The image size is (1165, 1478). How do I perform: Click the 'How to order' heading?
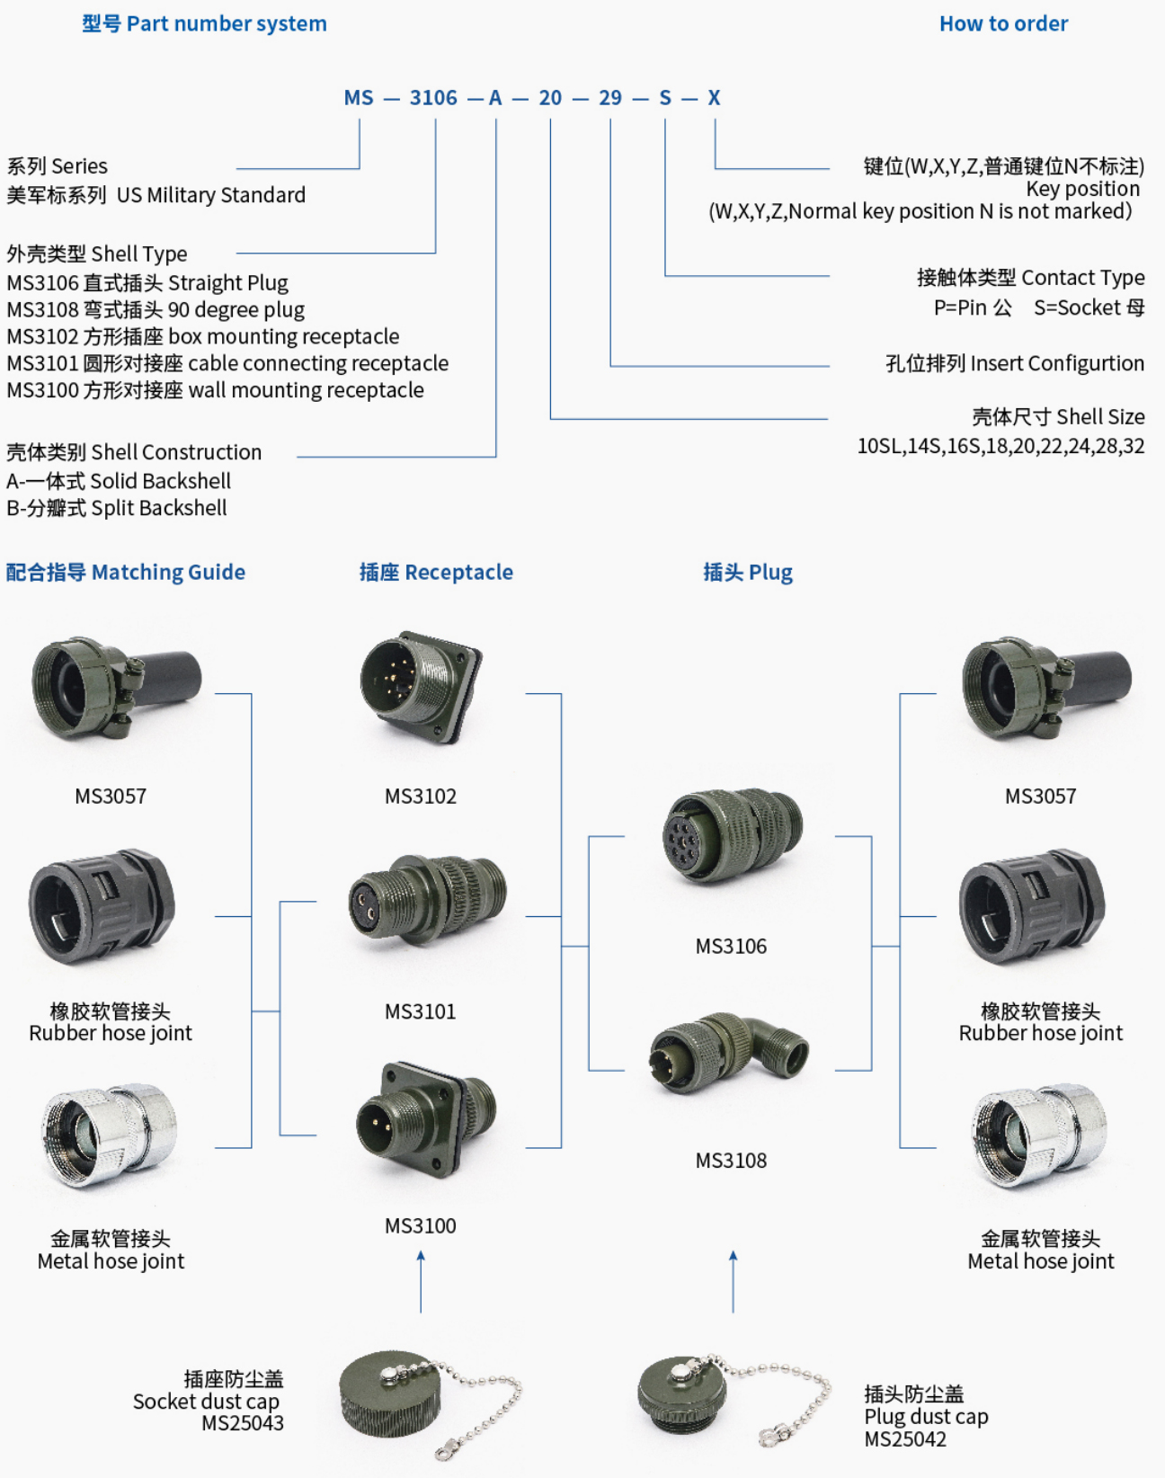tap(1003, 24)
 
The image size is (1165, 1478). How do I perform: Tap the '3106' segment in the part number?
tap(433, 98)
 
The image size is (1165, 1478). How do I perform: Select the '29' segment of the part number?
tap(610, 98)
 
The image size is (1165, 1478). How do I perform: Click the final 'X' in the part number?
tap(714, 98)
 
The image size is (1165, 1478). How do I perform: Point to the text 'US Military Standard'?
tap(211, 195)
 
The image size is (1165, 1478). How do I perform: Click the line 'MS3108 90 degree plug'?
tap(156, 310)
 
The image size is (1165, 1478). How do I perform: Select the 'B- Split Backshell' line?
tap(117, 508)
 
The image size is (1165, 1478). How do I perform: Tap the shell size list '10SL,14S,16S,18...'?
tap(1000, 446)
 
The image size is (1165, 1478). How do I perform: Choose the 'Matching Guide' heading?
tap(126, 573)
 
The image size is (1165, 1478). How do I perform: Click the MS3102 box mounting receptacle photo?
tap(421, 688)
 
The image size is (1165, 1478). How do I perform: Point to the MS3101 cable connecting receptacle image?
tap(427, 899)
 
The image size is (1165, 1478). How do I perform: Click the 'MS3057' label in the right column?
tap(1040, 797)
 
